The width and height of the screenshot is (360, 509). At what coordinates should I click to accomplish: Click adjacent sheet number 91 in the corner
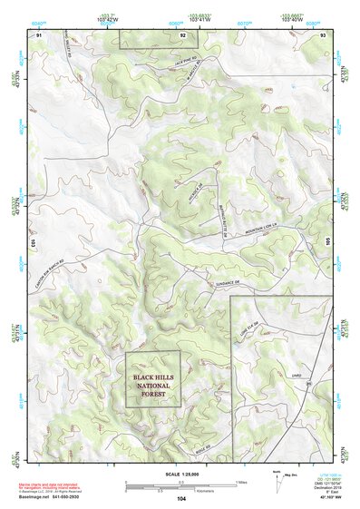[x=39, y=34]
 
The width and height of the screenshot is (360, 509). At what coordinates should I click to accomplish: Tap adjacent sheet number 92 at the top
[x=182, y=34]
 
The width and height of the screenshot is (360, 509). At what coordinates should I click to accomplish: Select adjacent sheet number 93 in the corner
[x=324, y=34]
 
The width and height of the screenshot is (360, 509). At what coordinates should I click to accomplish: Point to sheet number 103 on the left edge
[x=32, y=244]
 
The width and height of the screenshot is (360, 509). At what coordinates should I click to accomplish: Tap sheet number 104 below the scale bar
[x=181, y=499]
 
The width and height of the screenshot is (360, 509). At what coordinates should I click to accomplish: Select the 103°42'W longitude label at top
[x=107, y=18]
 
